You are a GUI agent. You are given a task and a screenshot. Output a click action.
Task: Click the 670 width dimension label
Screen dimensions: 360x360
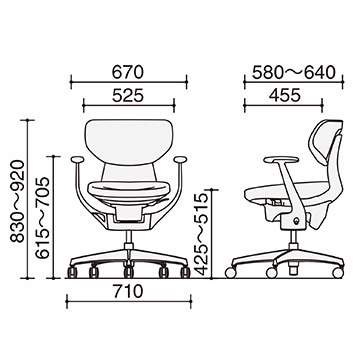pos(128,72)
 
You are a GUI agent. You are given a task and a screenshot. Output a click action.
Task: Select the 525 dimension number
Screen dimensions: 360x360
pos(128,96)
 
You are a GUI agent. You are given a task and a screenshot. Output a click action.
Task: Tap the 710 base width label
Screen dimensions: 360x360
pos(128,292)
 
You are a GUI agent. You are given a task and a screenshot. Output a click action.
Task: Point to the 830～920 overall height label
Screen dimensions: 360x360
pos(18,201)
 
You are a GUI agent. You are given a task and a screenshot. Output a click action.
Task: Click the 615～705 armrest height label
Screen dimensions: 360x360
pos(42,218)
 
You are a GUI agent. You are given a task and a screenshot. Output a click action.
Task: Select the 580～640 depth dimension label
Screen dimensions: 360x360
pos(294,73)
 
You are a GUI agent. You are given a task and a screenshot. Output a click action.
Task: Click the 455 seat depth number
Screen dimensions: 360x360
pos(285,95)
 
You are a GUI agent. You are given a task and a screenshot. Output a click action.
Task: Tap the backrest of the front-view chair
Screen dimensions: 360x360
pos(129,142)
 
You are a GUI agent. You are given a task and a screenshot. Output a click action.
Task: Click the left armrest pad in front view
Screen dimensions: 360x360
pos(77,159)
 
